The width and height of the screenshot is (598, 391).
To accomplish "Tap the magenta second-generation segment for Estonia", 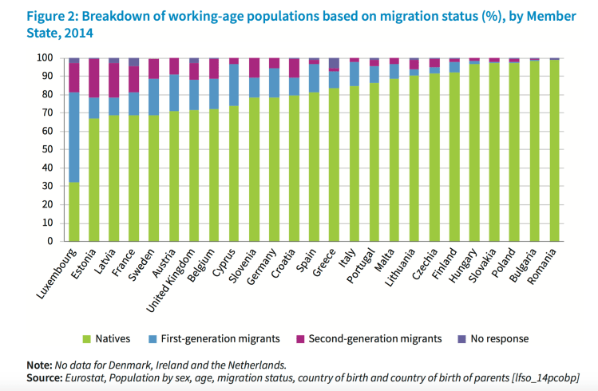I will (94, 78).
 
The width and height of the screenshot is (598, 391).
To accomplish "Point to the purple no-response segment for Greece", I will (334, 63).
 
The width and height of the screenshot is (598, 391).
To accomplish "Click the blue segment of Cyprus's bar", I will (234, 85).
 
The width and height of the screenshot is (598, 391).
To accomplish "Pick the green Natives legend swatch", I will (89, 338).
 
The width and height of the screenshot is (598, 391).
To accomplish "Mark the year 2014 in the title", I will (78, 33).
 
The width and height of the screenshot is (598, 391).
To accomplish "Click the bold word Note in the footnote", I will (36, 364).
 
